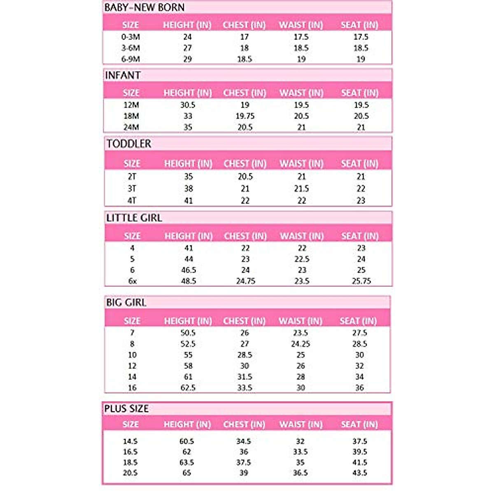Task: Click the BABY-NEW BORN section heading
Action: point(144,7)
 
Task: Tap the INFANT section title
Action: point(123,75)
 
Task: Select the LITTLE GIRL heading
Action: point(134,218)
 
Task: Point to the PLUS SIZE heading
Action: point(126,409)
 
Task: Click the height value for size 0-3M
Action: point(187,37)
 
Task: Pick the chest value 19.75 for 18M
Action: point(245,116)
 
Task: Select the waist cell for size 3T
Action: point(301,189)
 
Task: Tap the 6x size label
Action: point(132,281)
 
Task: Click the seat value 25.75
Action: point(361,281)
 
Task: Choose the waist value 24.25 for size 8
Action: point(301,344)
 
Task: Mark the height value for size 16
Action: point(188,388)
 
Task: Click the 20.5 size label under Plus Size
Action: point(130,473)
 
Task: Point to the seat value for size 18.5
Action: point(359,462)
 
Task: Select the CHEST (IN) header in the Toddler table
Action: point(245,164)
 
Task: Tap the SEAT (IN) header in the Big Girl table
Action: point(358,321)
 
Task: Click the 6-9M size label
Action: point(130,59)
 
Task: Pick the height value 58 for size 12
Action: point(188,366)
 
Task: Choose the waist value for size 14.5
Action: point(300,441)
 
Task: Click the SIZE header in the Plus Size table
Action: point(130,424)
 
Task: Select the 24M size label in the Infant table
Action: point(131,128)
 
